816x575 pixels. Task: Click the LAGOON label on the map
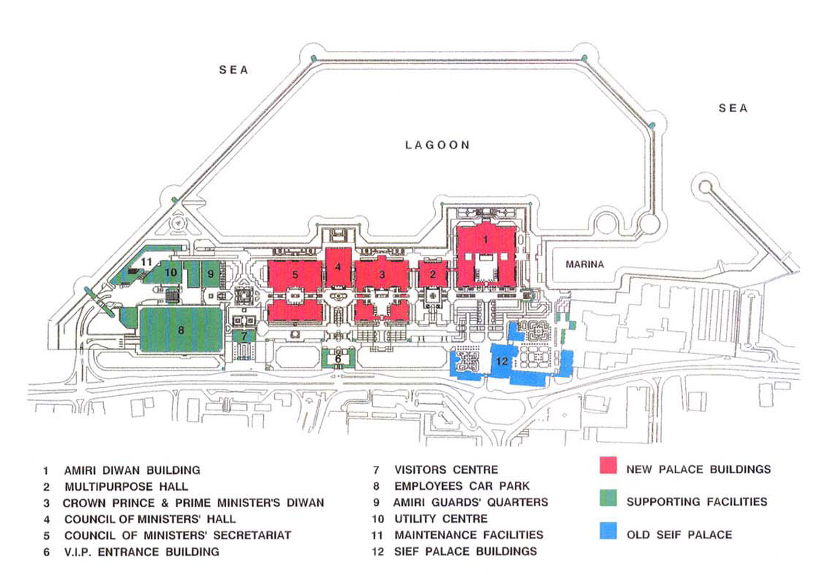point(437,145)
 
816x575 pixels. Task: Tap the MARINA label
point(585,264)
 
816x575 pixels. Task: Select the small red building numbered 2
point(432,274)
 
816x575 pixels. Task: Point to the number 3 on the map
point(381,274)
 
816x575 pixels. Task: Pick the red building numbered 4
point(337,266)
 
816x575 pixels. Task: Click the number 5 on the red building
point(295,275)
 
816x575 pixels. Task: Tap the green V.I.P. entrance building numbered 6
point(338,358)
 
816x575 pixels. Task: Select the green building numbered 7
point(244,337)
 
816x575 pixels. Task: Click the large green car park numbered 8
point(180,329)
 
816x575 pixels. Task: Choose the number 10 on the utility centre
point(172,272)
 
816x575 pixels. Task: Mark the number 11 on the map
point(147,261)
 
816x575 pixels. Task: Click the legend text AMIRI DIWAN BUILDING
point(132,470)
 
